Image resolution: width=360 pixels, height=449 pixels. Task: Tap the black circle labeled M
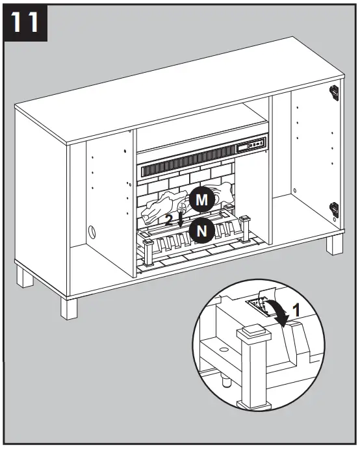201,200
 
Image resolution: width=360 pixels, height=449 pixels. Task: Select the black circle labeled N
201,230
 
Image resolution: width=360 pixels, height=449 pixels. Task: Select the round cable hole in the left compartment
91,231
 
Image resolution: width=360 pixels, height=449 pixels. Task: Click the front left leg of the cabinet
70,307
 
